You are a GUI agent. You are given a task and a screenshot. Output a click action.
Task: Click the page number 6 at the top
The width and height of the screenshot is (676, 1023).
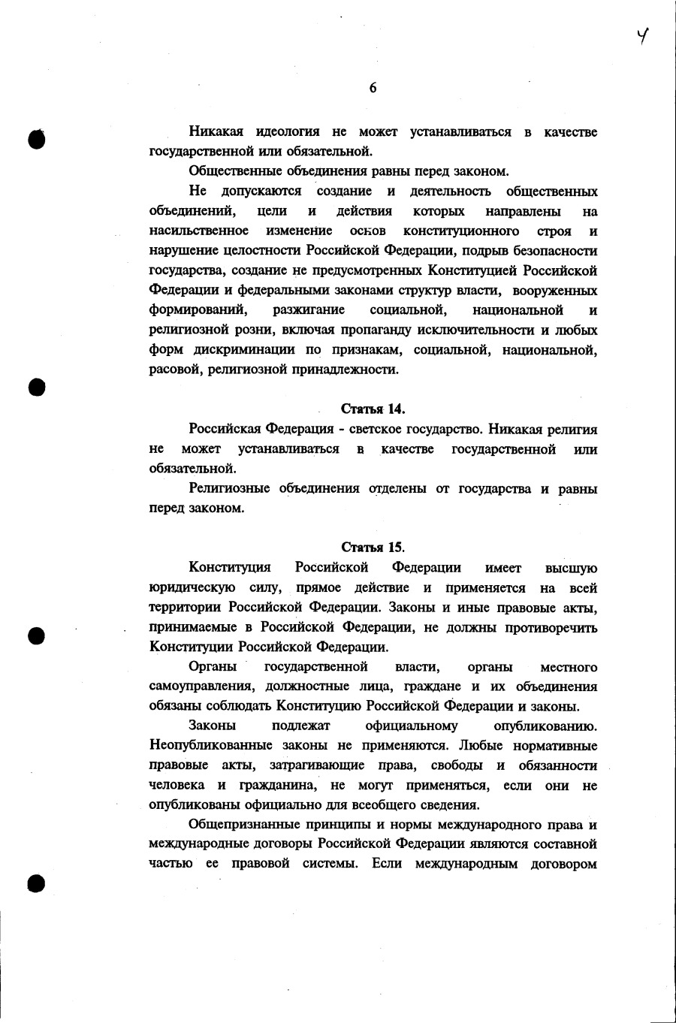point(373,88)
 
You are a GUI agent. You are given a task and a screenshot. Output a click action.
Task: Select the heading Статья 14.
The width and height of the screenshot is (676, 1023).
point(373,409)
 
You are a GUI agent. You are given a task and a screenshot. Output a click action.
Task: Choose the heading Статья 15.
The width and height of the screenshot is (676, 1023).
point(373,547)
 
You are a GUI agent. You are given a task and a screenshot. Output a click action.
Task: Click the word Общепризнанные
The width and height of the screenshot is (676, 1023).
point(242,825)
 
